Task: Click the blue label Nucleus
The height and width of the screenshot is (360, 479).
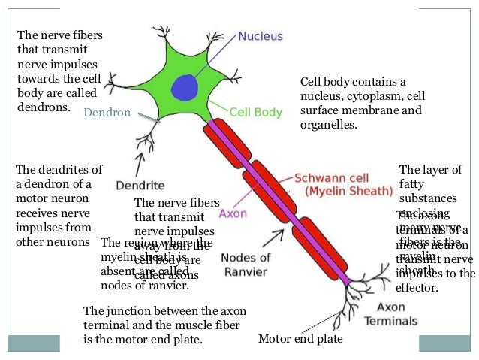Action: click(x=261, y=35)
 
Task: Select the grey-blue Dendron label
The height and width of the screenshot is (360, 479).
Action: click(x=107, y=113)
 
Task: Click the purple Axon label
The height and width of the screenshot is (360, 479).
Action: click(x=233, y=213)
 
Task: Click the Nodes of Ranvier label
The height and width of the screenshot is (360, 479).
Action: click(x=246, y=264)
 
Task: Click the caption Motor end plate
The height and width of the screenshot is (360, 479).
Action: click(x=300, y=339)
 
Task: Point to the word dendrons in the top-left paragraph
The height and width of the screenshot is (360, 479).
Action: click(x=44, y=107)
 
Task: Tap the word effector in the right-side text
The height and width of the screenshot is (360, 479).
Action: click(x=416, y=286)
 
